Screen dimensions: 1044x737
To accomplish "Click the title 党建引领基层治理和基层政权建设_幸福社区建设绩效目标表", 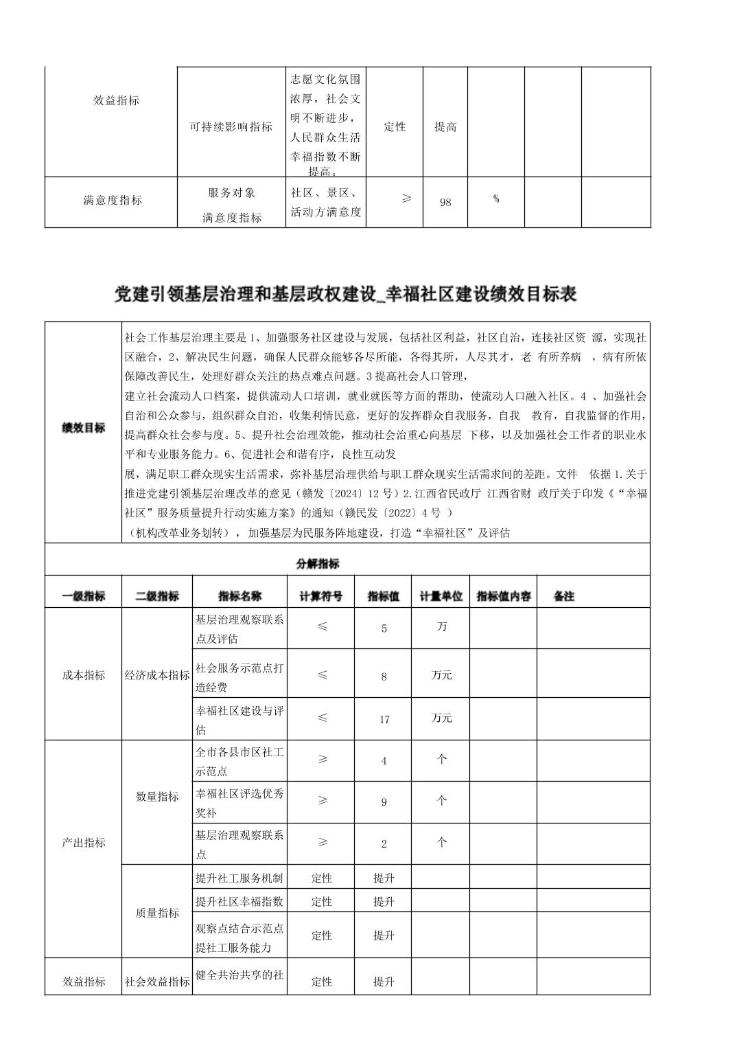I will (345, 295).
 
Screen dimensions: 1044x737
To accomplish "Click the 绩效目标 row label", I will (84, 428).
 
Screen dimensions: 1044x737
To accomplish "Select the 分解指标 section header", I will (318, 564).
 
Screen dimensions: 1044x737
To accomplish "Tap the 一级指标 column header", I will (84, 596).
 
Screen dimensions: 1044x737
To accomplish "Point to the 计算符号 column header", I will (320, 596).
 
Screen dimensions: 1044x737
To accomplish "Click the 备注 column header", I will (564, 596).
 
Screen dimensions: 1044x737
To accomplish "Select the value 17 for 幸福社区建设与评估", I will (384, 719).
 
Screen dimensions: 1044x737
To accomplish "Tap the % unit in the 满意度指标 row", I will (495, 199).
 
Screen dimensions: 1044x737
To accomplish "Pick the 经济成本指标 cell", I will (157, 675).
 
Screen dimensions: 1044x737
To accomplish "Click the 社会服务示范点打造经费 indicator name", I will (239, 677).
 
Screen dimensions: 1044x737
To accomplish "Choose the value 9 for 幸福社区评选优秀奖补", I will (384, 802).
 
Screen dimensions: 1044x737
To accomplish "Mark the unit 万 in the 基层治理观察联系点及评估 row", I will (442, 626).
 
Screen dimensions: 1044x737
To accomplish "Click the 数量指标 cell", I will (157, 797).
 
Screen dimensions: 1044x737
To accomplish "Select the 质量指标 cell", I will (157, 913).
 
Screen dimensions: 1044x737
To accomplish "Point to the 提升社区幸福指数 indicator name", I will (239, 901).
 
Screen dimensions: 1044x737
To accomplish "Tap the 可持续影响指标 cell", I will (231, 127).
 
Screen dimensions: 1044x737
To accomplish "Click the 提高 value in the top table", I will (445, 127).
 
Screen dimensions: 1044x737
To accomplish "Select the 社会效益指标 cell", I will (157, 981).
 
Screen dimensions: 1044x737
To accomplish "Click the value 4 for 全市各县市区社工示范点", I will (384, 761).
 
